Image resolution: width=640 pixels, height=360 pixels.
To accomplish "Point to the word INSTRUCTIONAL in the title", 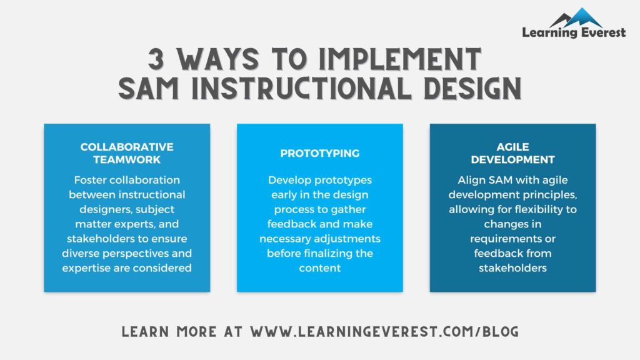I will click(301, 89).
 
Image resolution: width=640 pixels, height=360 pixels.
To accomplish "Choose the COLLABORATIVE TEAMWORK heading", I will click(127, 153).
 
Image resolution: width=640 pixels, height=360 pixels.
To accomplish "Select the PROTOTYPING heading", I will click(319, 153).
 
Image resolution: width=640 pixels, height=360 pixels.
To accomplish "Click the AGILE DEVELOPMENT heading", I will click(512, 153).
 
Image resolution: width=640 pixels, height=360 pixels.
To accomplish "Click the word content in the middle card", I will click(320, 267).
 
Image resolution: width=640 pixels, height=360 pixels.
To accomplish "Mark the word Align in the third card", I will click(471, 180).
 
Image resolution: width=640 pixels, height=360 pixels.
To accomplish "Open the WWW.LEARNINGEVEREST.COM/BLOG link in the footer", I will click(384, 331).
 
